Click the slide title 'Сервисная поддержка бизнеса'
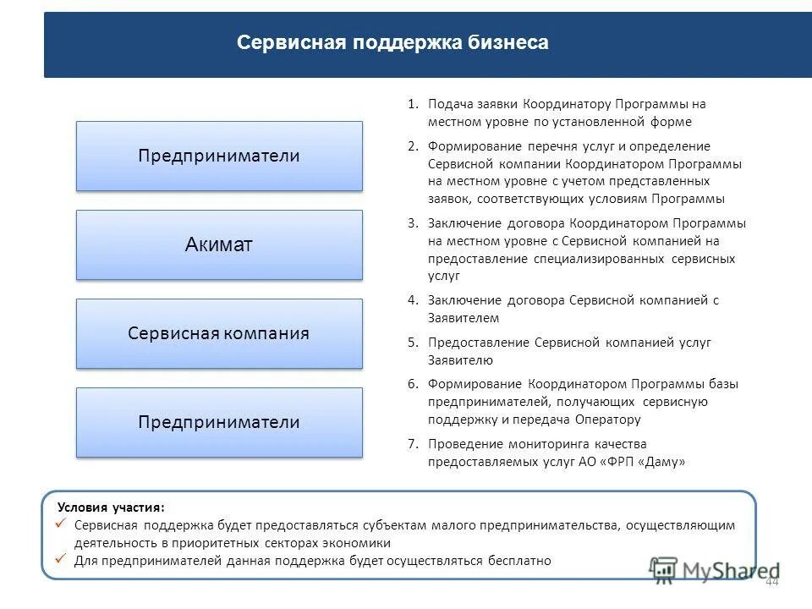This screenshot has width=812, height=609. tap(392, 43)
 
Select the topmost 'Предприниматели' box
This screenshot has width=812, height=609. tap(219, 156)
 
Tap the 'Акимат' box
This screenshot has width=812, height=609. tap(219, 245)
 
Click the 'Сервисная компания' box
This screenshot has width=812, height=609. tap(219, 333)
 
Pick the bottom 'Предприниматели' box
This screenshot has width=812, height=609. tap(219, 422)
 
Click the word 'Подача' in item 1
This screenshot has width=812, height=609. tap(449, 105)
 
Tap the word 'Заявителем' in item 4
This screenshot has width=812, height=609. tap(464, 319)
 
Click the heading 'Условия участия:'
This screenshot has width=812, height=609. tap(111, 507)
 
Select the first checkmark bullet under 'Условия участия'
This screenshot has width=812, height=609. tap(61, 525)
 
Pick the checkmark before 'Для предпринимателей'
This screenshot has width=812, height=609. tap(61, 560)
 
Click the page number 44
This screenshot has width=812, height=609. tap(771, 583)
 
